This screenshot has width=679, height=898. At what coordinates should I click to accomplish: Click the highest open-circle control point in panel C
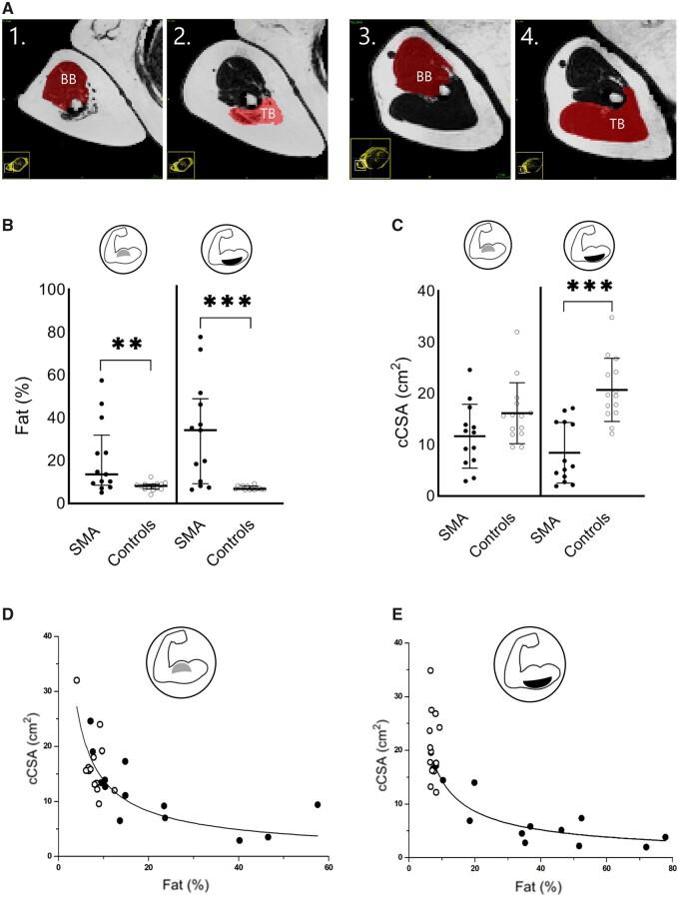point(611,318)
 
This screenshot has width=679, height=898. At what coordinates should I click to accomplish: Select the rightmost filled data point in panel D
point(318,776)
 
